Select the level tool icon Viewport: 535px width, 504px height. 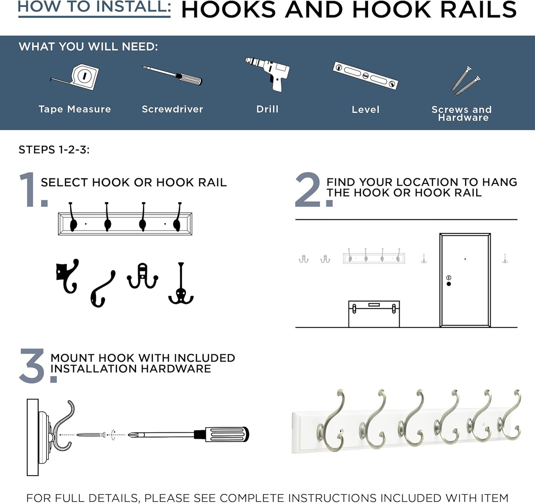[365, 75]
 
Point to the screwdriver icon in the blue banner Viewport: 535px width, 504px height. [173, 75]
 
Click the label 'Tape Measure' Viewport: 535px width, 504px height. [75, 109]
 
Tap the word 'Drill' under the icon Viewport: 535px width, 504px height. [267, 109]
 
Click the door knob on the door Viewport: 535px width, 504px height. [449, 284]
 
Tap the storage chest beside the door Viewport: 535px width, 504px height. [374, 314]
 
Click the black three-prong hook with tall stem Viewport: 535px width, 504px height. [181, 285]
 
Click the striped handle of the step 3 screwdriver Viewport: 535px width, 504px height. [227, 434]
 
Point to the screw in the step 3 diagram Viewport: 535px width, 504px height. [91, 435]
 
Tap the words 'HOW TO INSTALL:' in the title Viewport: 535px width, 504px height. [94, 7]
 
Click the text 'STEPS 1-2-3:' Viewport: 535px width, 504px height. [54, 150]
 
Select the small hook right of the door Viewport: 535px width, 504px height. [505, 259]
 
